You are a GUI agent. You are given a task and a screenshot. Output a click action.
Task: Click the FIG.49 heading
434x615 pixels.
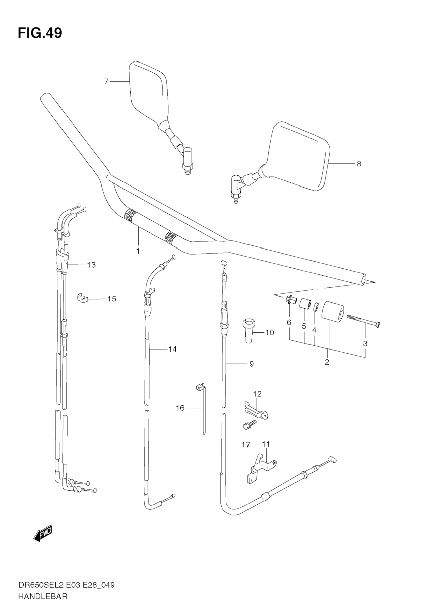pos(40,33)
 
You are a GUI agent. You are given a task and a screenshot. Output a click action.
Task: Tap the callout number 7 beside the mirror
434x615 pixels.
pos(106,82)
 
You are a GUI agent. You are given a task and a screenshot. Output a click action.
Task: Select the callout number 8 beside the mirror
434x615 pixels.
pos(359,163)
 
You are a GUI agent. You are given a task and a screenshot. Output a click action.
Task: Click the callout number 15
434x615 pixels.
pos(112,299)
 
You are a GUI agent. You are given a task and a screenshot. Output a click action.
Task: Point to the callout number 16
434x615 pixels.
pos(180,408)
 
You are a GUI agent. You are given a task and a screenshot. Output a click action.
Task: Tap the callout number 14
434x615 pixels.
pos(172,349)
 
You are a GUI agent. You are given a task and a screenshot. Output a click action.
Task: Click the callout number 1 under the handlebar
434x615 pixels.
pos(138,251)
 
